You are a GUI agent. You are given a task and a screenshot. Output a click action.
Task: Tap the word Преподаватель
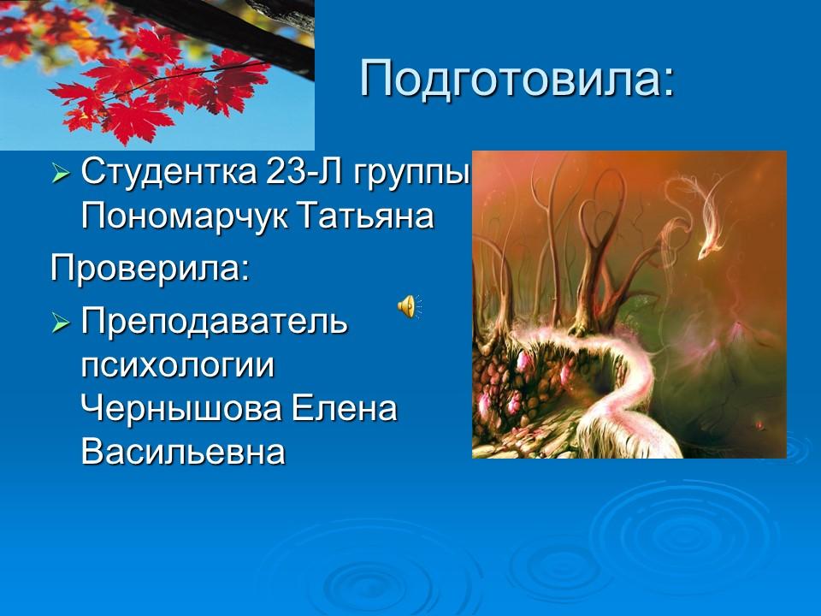(x=214, y=323)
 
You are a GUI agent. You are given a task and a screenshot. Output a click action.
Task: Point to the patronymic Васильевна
(x=182, y=452)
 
